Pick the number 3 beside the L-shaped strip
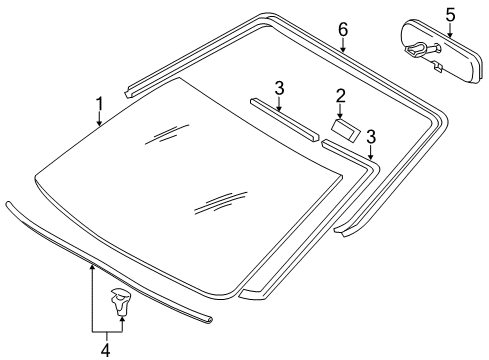[371, 135]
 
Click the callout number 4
[104, 349]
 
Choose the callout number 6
[343, 30]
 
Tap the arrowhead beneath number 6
[343, 49]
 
